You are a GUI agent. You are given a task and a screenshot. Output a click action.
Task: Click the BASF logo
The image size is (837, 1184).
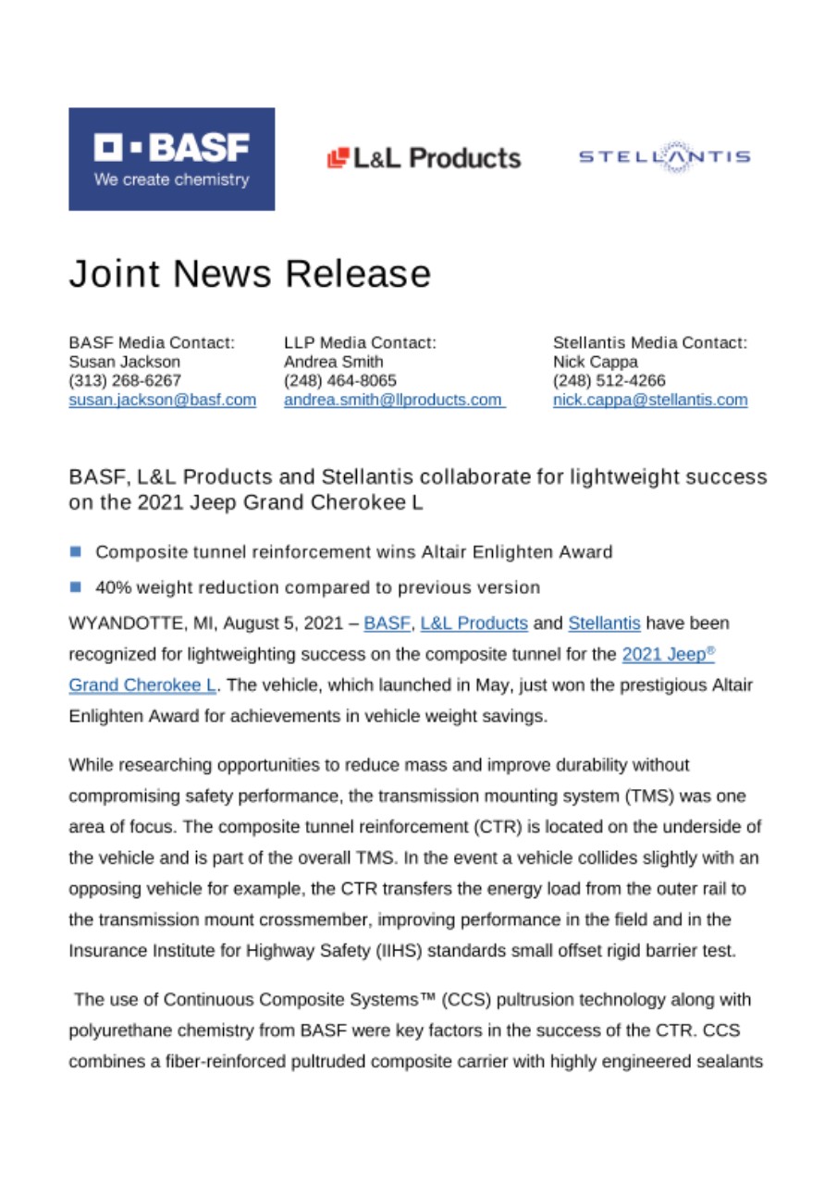tap(171, 159)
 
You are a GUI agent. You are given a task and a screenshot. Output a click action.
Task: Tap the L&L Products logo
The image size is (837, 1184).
tap(425, 158)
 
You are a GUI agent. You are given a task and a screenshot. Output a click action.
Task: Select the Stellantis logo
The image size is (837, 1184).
tap(663, 157)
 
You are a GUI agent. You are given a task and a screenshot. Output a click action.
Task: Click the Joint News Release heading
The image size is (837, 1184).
tap(250, 274)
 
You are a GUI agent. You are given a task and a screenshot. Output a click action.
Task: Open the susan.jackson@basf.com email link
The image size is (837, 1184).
tap(162, 401)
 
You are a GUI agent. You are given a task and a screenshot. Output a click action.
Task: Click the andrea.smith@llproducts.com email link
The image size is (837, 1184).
tap(393, 401)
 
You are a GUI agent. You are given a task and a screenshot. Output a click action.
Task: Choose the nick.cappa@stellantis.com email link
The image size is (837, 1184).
tap(650, 401)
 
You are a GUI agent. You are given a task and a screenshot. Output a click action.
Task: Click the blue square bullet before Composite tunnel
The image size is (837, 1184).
tap(75, 553)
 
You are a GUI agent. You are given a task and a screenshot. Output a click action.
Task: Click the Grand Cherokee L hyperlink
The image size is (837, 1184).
tap(142, 685)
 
